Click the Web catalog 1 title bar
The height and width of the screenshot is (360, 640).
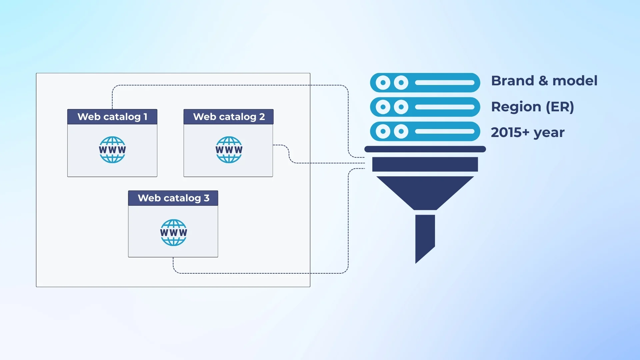112,117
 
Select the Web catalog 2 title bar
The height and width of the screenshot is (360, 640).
228,117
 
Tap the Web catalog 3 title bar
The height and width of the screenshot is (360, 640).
173,198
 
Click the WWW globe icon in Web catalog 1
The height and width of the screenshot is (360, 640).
112,150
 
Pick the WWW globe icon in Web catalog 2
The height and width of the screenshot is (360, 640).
229,150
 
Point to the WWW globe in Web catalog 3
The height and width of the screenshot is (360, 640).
173,233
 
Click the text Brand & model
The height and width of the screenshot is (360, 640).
544,81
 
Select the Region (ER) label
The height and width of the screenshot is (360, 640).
532,107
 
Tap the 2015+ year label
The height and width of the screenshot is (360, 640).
527,132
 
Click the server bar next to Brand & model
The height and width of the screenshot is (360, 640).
425,83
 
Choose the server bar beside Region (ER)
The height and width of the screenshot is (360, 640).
425,107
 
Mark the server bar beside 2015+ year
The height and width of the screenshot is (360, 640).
425,131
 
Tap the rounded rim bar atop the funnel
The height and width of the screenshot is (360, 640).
425,149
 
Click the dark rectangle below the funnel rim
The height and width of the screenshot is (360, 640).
425,164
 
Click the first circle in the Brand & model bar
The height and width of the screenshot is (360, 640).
383,83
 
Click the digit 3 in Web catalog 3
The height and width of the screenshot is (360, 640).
207,198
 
